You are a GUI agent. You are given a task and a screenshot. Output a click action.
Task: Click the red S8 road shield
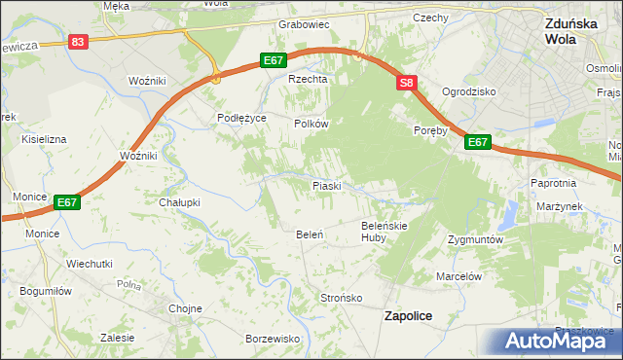407,85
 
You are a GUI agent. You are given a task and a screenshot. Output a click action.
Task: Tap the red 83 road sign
79,42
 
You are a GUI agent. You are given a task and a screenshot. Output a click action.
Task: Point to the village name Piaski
325,185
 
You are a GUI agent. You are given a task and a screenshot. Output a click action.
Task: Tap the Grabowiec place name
305,23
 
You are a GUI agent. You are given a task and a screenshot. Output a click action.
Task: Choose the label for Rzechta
305,80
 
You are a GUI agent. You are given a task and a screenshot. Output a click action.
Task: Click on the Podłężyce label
241,117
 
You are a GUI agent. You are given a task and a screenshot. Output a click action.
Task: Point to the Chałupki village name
179,202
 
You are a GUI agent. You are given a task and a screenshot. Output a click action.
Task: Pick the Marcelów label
459,276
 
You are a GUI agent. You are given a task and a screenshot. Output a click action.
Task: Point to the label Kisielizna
44,139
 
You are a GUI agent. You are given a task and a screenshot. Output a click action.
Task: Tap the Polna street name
128,285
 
